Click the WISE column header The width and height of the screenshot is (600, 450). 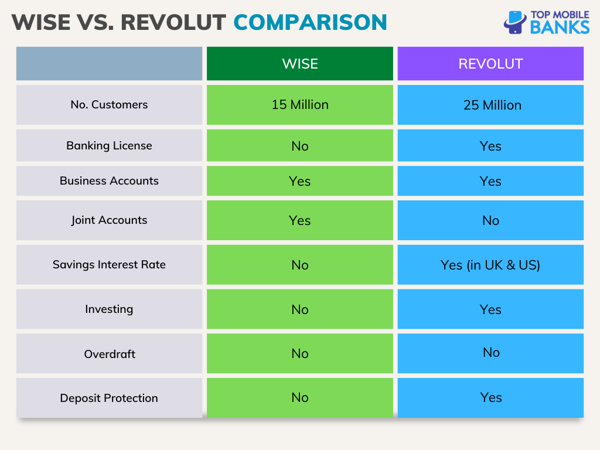(299, 64)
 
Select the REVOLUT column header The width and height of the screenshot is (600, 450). (490, 64)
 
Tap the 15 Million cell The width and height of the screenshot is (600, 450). (299, 105)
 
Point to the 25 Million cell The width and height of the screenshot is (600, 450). (491, 105)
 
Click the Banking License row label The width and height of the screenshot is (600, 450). (109, 146)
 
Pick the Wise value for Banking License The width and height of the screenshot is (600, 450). (299, 146)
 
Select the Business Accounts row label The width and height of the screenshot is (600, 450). (109, 181)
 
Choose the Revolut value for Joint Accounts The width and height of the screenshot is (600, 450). (490, 221)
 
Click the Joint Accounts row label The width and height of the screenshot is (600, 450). (109, 220)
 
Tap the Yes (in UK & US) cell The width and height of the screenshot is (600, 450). (490, 265)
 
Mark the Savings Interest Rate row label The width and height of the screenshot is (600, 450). (109, 265)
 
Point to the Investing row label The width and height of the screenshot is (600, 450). (109, 309)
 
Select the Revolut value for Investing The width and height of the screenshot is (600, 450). (490, 309)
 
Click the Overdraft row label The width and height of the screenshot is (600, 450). (109, 354)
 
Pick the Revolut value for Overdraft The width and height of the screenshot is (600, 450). (490, 353)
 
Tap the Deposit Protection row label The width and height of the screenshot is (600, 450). (109, 398)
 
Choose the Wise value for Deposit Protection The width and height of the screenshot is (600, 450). (299, 398)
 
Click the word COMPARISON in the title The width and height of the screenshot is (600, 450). (310, 22)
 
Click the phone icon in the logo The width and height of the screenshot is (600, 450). (515, 23)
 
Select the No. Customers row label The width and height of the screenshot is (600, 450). (109, 105)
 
